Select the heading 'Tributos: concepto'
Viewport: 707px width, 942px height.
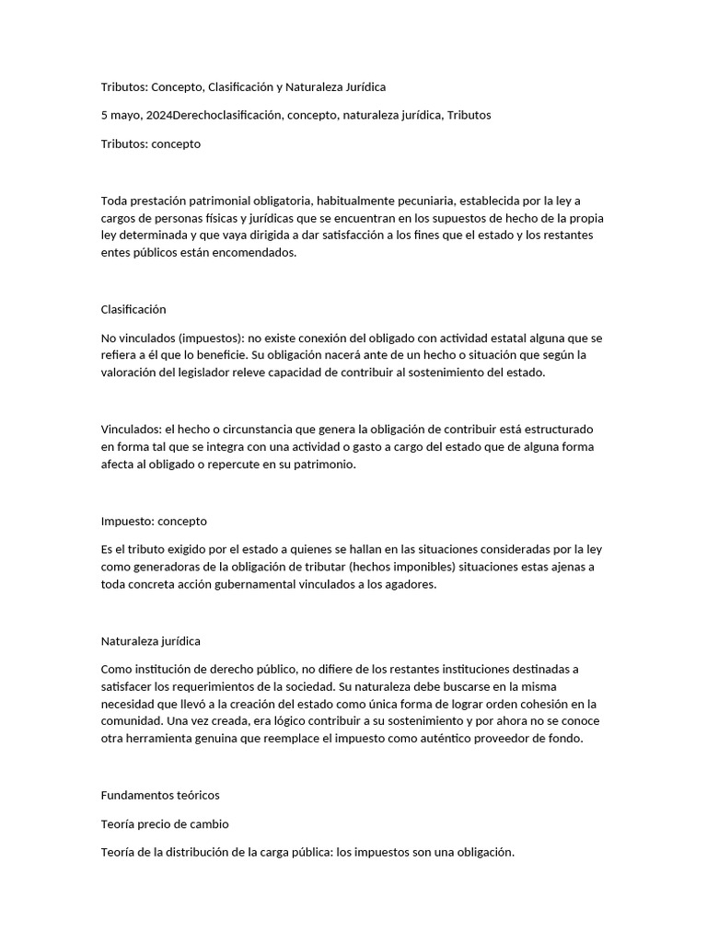(150, 144)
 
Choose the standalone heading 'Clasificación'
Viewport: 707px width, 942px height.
(133, 310)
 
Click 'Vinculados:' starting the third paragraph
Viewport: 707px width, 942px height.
(131, 430)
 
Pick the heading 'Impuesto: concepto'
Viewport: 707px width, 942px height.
(153, 522)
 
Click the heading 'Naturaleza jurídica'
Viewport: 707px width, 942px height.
(150, 641)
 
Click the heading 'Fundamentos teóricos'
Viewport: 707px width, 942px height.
(159, 795)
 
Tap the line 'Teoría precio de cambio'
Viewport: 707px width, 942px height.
(164, 824)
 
